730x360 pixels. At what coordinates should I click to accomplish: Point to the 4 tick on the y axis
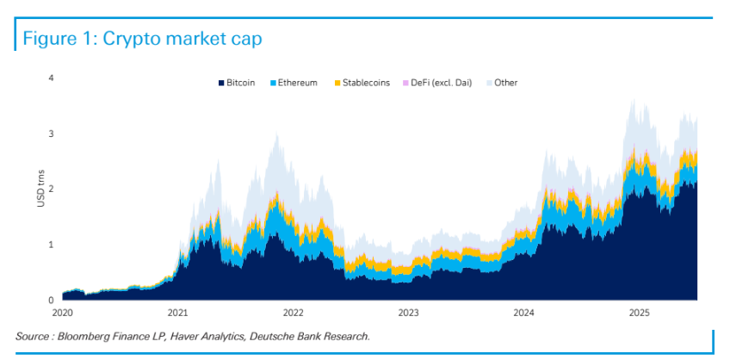point(51,78)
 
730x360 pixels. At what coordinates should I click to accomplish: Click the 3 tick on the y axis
point(51,133)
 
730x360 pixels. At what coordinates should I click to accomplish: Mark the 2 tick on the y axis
point(51,189)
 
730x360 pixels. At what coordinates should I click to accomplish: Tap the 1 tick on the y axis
point(51,245)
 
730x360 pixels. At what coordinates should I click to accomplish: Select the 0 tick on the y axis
point(51,300)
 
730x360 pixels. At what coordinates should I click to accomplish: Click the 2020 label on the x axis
point(63,313)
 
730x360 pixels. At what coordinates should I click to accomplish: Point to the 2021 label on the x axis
point(177,313)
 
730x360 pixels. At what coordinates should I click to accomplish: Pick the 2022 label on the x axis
point(293,313)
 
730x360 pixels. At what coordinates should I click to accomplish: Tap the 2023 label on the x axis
point(408,313)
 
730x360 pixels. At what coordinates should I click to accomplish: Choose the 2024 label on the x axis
point(523,313)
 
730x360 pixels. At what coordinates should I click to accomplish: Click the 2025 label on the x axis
point(639,313)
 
